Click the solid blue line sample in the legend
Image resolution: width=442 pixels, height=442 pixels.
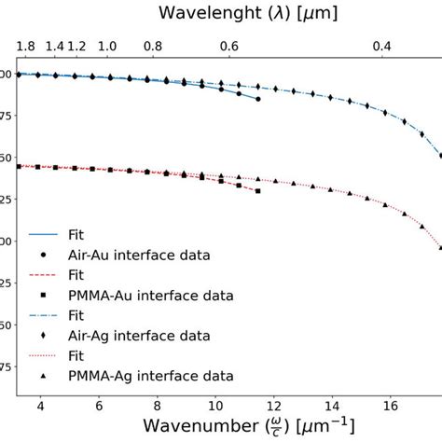pyautogui.click(x=44, y=235)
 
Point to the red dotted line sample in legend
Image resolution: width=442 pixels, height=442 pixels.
pyautogui.click(x=44, y=355)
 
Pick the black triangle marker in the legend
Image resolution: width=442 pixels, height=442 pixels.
pyautogui.click(x=44, y=375)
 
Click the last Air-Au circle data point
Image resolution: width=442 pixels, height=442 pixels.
pyautogui.click(x=258, y=99)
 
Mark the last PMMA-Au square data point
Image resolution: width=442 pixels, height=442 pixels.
pyautogui.click(x=257, y=191)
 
